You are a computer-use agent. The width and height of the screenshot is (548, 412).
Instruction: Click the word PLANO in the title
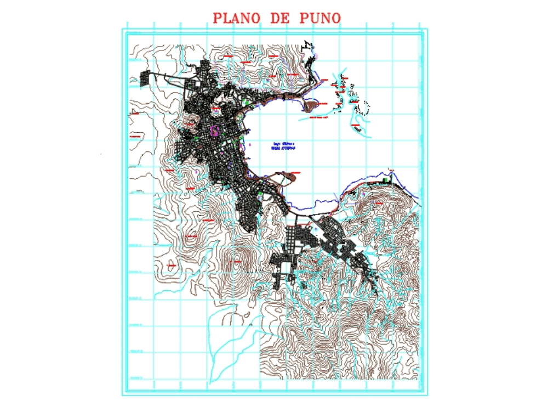[x=237, y=18]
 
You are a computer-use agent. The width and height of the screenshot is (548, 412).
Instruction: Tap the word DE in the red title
[x=282, y=18]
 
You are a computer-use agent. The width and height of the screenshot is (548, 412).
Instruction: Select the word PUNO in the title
[x=321, y=18]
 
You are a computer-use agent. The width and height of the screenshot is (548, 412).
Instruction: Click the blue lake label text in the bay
[x=284, y=145]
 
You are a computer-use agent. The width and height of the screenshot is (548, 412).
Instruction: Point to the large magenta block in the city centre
[x=214, y=131]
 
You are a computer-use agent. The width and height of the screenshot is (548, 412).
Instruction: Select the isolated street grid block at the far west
[x=145, y=78]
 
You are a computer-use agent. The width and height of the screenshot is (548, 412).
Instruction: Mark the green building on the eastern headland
[x=385, y=179]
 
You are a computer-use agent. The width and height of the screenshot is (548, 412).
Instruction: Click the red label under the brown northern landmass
[x=315, y=117]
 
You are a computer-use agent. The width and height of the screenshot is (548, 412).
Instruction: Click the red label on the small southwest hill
[x=172, y=266]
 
